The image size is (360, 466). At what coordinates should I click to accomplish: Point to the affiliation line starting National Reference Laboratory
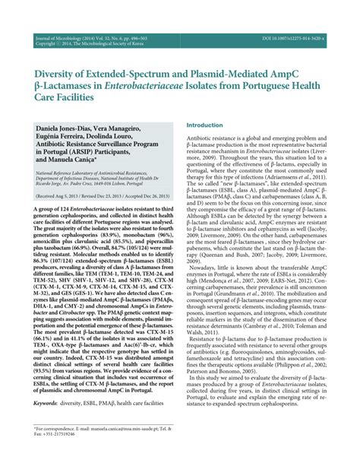(99, 173)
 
